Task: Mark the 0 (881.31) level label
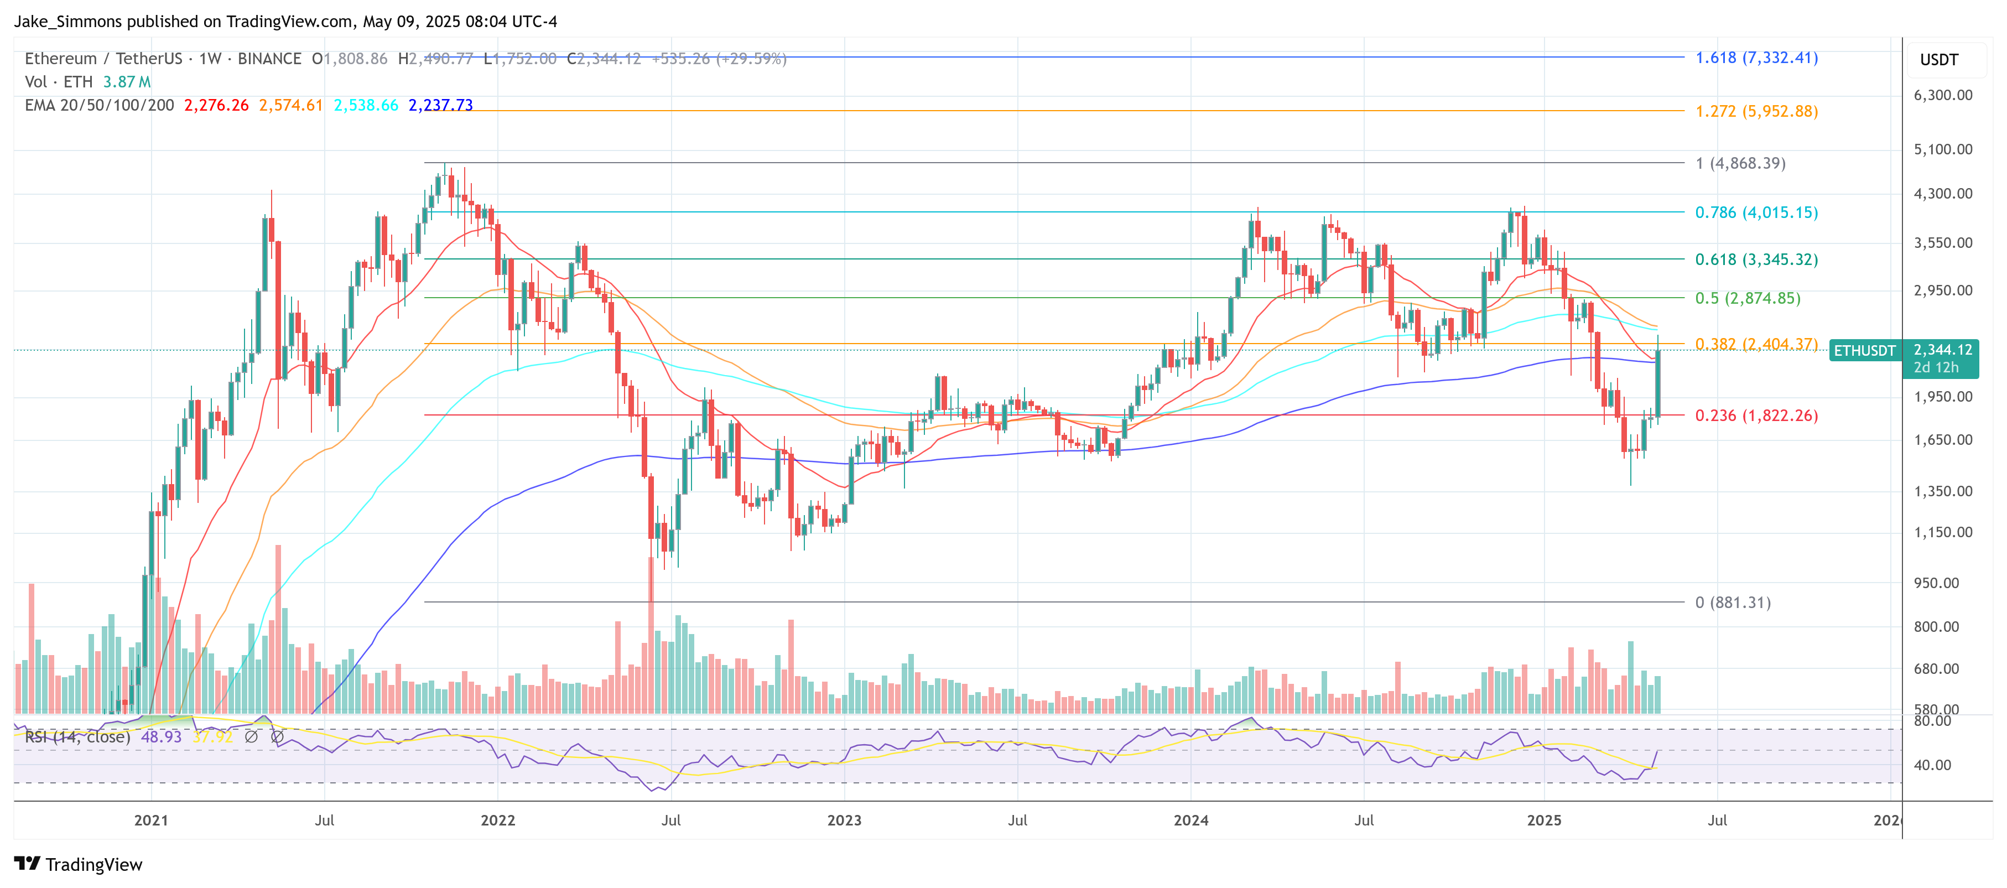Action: point(1732,602)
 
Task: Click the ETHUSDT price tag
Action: point(1864,351)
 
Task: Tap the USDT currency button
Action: point(1938,60)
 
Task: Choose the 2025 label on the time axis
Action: point(1543,821)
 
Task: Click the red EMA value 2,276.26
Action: point(216,105)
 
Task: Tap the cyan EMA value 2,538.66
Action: point(366,105)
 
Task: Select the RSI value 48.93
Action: point(160,737)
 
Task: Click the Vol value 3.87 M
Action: point(126,82)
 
